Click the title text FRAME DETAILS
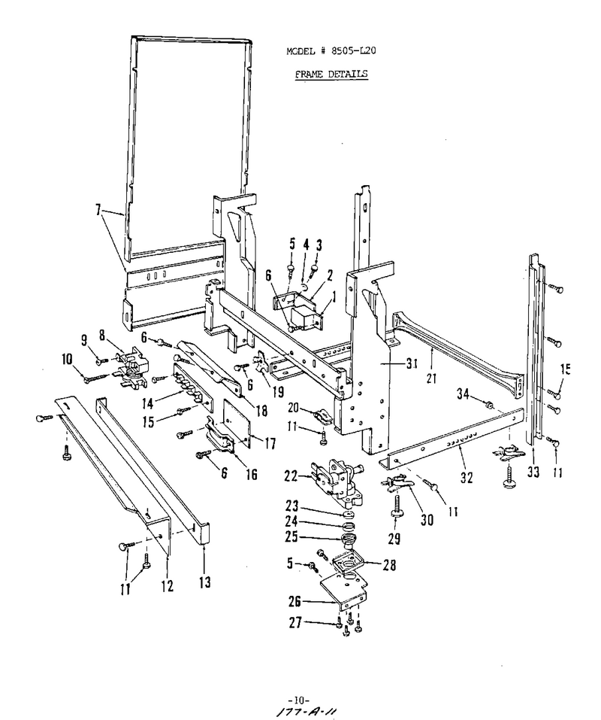tap(331, 74)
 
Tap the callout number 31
tap(412, 363)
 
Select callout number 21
tap(431, 378)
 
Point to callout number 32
tap(466, 478)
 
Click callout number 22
tap(291, 476)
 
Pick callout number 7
tap(98, 209)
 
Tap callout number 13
tap(205, 582)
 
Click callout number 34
tap(463, 393)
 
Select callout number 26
tap(295, 600)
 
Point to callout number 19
tap(277, 391)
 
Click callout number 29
tap(394, 538)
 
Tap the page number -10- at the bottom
tap(299, 700)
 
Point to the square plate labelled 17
tap(237, 423)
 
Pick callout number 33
tap(533, 472)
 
